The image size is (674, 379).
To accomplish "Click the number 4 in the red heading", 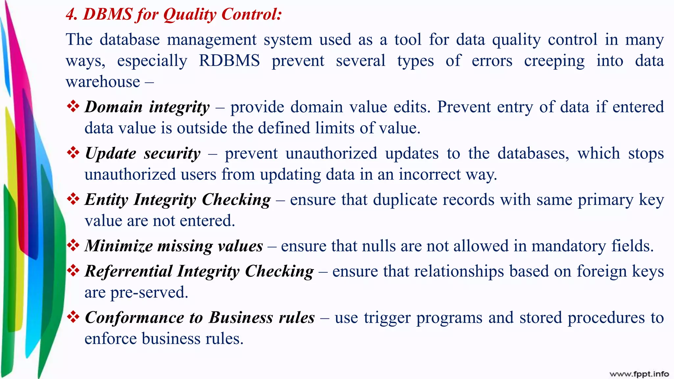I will [x=70, y=14].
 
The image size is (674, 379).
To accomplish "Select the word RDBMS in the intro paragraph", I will [x=229, y=61].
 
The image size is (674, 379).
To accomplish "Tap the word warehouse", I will [x=103, y=82].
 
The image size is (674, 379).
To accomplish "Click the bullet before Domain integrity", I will [x=73, y=106].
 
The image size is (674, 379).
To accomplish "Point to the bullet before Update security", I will [x=73, y=153].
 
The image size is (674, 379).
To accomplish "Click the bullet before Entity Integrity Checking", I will [x=73, y=199].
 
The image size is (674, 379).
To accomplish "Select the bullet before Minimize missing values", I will [x=73, y=245].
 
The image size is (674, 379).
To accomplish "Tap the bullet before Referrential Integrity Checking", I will [x=73, y=271].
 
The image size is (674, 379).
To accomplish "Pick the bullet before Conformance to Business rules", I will [x=73, y=317].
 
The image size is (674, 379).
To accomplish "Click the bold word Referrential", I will [x=128, y=271].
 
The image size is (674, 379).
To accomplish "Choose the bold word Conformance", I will [x=134, y=318].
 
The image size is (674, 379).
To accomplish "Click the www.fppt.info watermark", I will [x=639, y=374].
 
